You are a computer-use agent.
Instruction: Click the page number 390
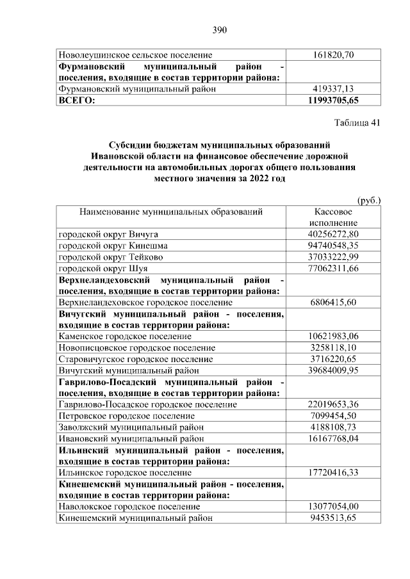[x=220, y=30]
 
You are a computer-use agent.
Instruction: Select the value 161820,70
[x=333, y=56]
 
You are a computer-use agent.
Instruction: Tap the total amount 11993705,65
[x=333, y=100]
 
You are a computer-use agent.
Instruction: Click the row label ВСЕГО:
[x=76, y=100]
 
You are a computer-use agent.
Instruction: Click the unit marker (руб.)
[x=369, y=200]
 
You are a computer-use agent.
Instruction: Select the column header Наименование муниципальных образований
[x=171, y=211]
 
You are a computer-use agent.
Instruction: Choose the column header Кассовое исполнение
[x=333, y=217]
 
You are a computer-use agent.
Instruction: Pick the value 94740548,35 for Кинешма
[x=333, y=246]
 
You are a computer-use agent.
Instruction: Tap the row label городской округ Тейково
[x=111, y=257]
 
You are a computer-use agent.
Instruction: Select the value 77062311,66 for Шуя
[x=333, y=269]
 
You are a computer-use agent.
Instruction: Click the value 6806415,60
[x=333, y=302]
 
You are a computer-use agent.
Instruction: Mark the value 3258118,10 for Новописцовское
[x=333, y=347]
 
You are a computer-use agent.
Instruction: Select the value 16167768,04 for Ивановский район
[x=333, y=439]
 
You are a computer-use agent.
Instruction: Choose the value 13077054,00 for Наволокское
[x=333, y=507]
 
